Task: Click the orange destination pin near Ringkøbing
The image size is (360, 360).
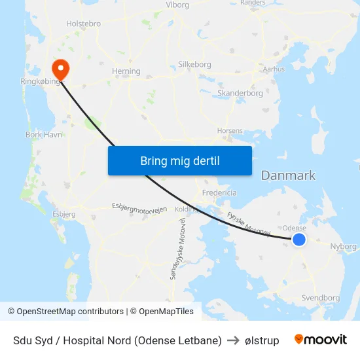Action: [x=58, y=68]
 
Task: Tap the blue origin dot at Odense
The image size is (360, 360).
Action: [x=299, y=240]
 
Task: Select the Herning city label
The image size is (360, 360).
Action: [x=126, y=71]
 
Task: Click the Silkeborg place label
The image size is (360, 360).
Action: [x=194, y=65]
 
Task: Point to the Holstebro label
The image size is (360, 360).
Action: [x=83, y=24]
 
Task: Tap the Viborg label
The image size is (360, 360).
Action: [x=177, y=5]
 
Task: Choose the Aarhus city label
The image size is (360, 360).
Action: [x=273, y=69]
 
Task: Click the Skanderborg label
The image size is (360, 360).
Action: [x=240, y=93]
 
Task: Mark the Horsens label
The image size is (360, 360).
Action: [x=230, y=131]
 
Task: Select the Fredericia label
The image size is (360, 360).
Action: [x=219, y=193]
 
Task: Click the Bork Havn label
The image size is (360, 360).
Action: [x=43, y=135]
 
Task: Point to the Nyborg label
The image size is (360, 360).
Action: [x=344, y=247]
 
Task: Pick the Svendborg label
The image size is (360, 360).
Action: [x=321, y=298]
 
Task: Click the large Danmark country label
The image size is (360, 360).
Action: [x=288, y=175]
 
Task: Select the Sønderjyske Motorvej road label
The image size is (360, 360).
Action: [x=178, y=249]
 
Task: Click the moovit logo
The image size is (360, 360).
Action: [x=321, y=340]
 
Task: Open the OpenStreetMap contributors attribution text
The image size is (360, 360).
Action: [x=65, y=312]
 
